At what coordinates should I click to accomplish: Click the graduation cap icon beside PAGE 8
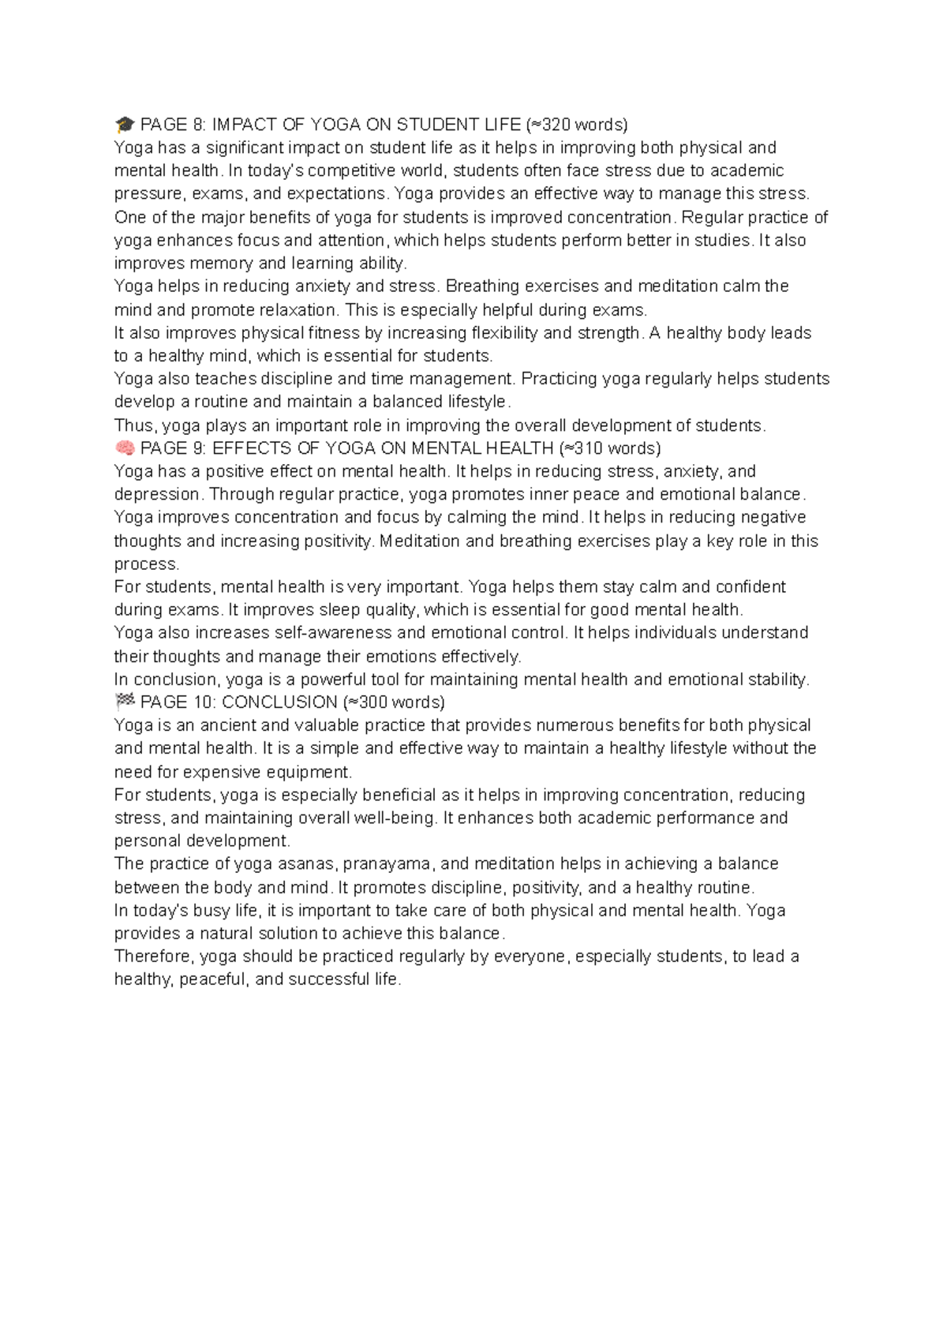click(x=125, y=125)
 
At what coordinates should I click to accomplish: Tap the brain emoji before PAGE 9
click(x=125, y=448)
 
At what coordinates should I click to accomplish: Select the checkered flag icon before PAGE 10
click(x=125, y=702)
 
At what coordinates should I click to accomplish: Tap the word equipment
click(x=311, y=772)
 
